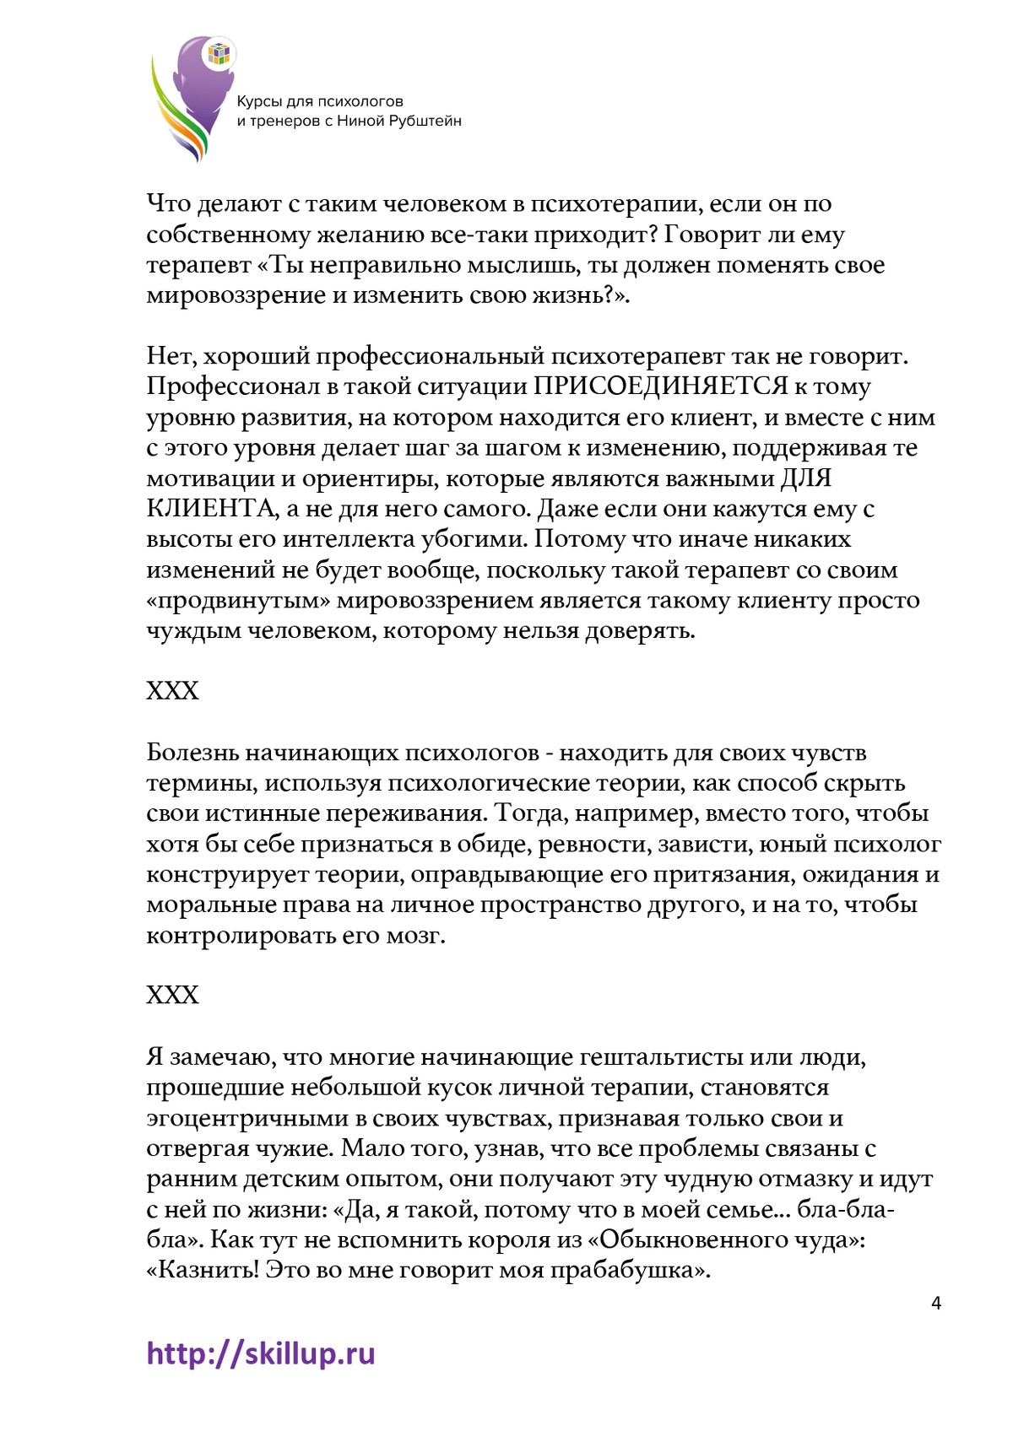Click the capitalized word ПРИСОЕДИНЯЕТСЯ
[659, 386]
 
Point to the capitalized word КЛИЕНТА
[210, 509]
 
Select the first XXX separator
[172, 691]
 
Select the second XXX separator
[172, 995]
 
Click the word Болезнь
[198, 752]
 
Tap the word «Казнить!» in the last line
[203, 1270]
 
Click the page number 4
[935, 1303]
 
